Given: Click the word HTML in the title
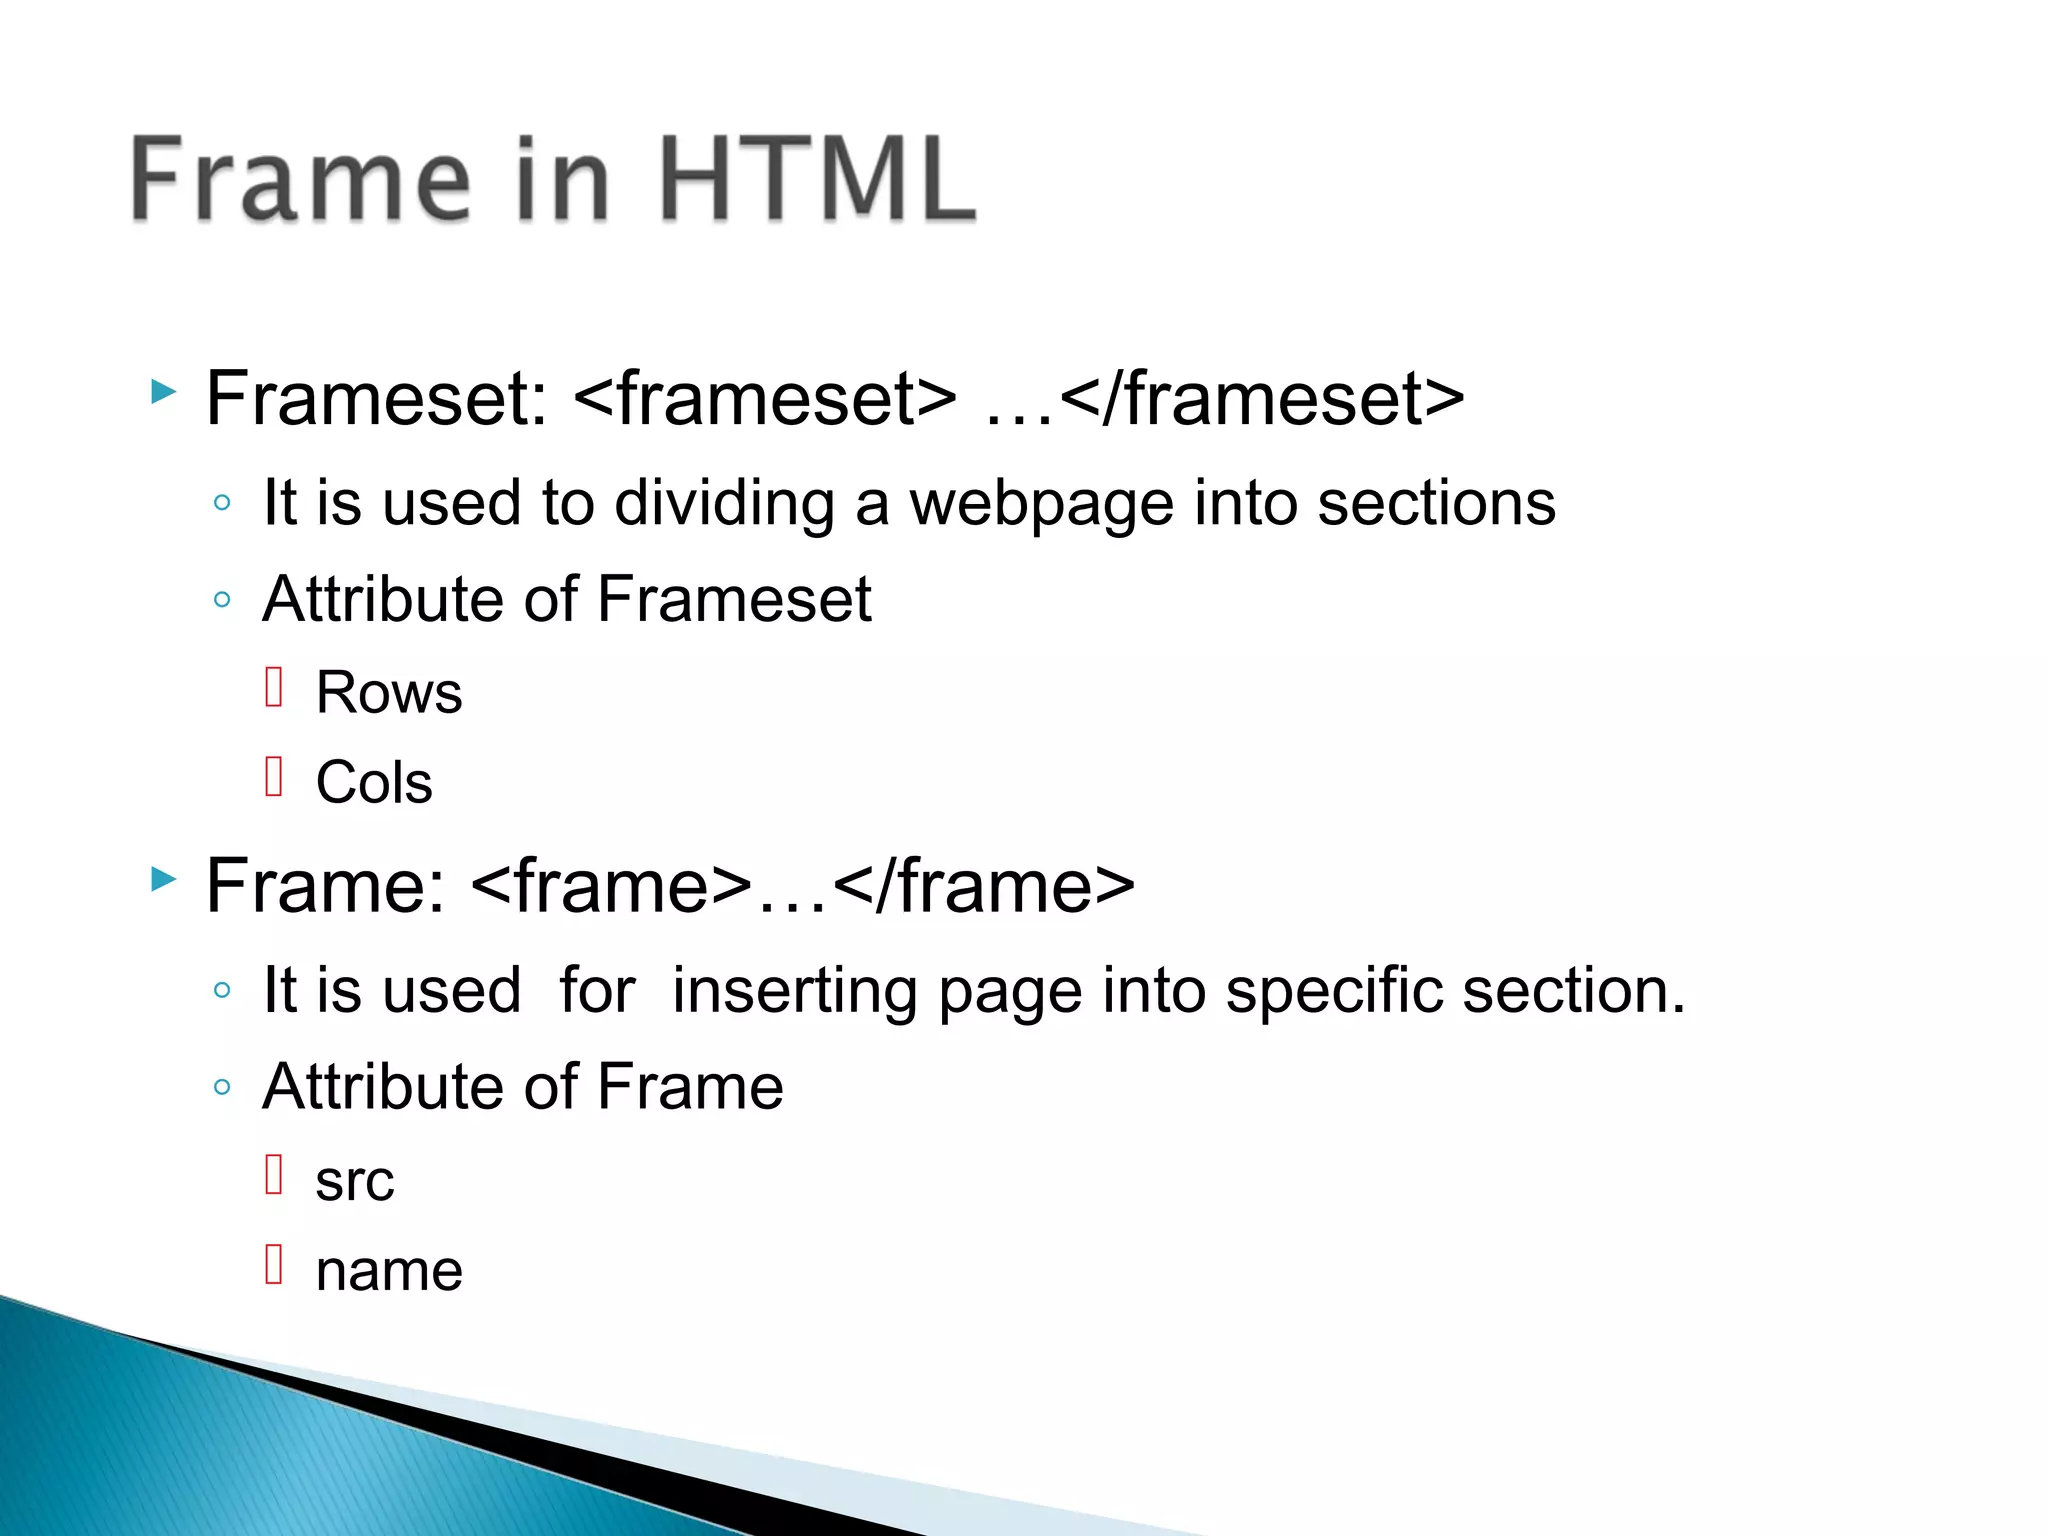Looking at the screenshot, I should [x=817, y=180].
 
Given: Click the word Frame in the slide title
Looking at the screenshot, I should [x=300, y=180].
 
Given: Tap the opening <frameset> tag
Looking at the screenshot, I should [x=765, y=399].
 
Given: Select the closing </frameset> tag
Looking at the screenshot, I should [x=1262, y=399].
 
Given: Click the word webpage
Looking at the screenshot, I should [x=1041, y=503].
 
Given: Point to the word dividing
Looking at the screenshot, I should [x=724, y=503].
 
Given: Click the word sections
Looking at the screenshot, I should [x=1436, y=503].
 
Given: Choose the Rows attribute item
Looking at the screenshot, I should [x=389, y=692].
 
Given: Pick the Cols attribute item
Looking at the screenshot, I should [x=374, y=782].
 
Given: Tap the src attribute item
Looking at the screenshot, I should [x=355, y=1181].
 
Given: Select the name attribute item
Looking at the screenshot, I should [x=389, y=1271].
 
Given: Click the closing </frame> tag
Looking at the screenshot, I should [x=983, y=887].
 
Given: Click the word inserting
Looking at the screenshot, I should [x=795, y=991].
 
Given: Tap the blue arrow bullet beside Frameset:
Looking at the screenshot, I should [x=163, y=391].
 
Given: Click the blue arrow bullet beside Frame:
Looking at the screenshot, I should [x=163, y=879].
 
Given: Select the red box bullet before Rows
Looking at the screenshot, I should [x=275, y=687].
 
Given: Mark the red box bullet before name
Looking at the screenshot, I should [x=275, y=1264].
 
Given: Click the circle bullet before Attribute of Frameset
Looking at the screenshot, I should [x=222, y=600].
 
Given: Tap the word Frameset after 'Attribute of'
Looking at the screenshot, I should [x=734, y=600].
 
